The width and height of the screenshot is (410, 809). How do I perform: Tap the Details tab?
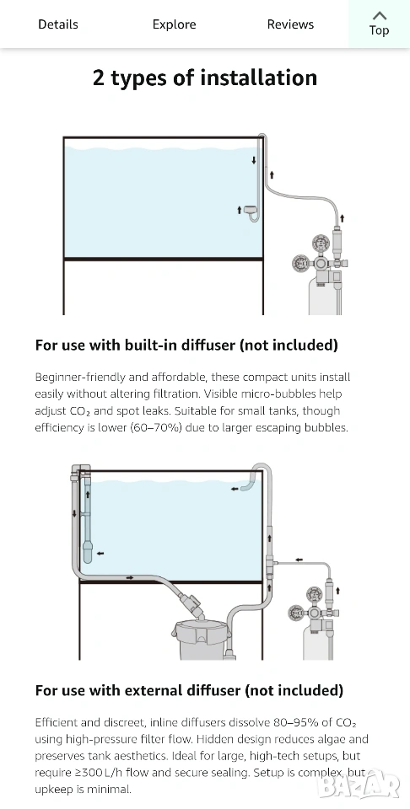point(58,24)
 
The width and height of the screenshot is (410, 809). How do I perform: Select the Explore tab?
point(174,24)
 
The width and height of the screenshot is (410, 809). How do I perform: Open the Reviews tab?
point(290,24)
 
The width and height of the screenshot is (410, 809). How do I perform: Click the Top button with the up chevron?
point(379,24)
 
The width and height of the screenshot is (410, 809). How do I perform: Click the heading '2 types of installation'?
point(205,78)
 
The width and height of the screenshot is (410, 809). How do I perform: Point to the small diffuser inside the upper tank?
point(251,211)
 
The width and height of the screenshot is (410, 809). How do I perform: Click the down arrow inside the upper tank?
point(254,160)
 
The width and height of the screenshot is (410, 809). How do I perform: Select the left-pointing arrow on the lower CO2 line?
point(299,560)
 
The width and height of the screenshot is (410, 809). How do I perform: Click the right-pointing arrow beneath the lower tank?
point(130,578)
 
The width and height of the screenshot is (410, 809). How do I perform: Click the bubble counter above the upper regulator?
point(339,242)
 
